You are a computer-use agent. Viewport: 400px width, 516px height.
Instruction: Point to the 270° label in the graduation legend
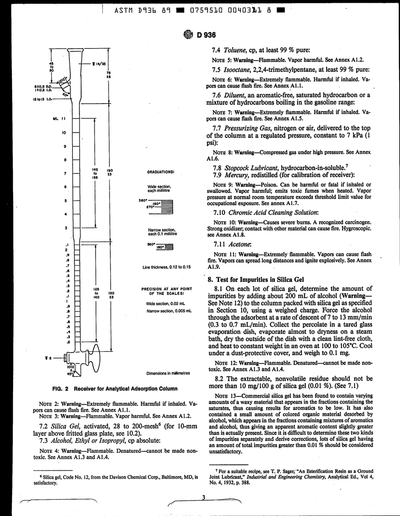151,207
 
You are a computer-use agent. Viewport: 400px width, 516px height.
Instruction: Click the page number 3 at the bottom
203,497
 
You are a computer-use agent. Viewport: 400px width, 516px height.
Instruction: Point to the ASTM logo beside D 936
188,35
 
